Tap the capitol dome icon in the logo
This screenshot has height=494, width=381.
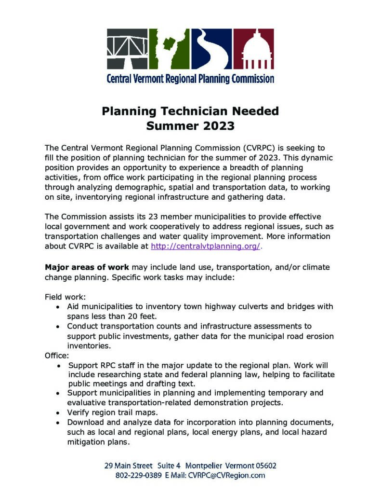(x=253, y=49)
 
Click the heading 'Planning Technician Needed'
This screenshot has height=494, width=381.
(x=190, y=111)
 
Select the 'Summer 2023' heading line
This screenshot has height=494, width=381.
(x=190, y=126)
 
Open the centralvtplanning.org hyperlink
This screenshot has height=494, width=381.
(x=206, y=246)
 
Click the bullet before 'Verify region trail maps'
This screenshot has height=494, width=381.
(x=58, y=413)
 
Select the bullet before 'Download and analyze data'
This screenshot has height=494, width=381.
(x=58, y=423)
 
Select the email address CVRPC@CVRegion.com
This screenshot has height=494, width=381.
(x=228, y=475)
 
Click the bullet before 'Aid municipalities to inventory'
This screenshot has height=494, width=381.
(x=58, y=307)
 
